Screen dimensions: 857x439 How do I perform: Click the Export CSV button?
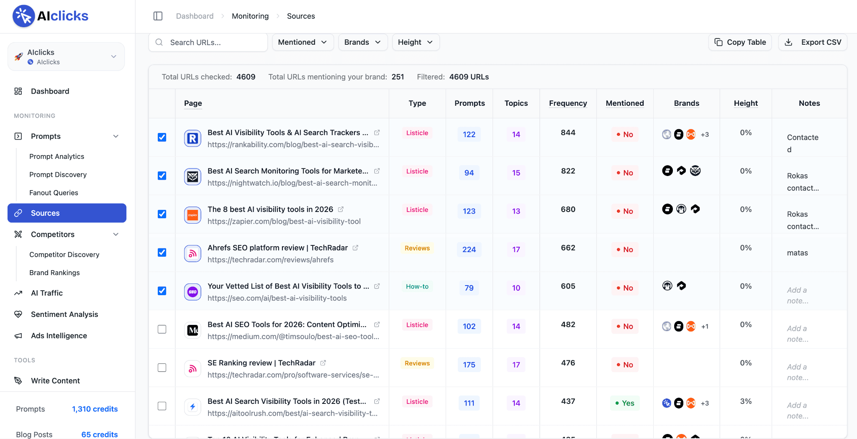[813, 42]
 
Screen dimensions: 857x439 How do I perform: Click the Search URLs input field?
[208, 42]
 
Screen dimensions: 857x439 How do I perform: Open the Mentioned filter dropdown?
[303, 42]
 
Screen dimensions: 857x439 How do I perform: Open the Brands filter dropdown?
[363, 42]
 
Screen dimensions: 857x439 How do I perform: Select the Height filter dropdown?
[416, 42]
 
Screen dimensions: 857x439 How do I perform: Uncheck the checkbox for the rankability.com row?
[162, 137]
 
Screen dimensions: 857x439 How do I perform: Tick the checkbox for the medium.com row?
[162, 329]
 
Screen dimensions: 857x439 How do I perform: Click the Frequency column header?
[568, 103]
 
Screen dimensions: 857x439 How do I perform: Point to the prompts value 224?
[469, 250]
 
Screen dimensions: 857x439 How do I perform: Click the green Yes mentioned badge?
[625, 403]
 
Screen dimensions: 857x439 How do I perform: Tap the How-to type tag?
[417, 286]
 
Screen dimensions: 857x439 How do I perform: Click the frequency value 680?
[568, 209]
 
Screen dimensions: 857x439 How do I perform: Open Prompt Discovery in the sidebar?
[58, 174]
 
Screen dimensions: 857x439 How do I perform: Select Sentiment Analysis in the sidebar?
[64, 314]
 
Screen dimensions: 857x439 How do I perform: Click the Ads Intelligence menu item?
[59, 336]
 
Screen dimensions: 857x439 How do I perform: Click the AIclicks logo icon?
[23, 16]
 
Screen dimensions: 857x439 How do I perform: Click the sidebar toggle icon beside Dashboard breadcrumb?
[158, 16]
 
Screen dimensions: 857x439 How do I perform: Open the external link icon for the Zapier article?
[341, 209]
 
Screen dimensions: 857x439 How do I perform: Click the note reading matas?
[797, 253]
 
